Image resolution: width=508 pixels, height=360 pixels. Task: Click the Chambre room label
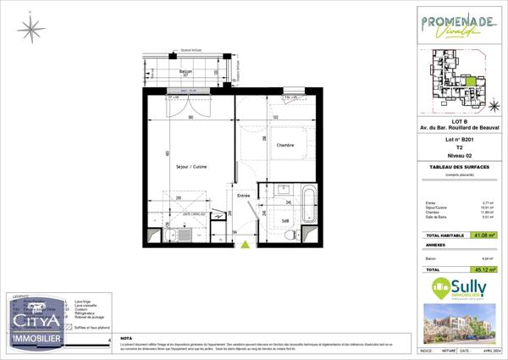point(285,145)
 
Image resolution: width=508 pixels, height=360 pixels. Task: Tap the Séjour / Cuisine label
point(190,166)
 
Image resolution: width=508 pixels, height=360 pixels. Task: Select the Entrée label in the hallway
point(244,196)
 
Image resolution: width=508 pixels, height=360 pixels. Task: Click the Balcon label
point(185,72)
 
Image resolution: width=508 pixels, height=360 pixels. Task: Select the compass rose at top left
point(31,30)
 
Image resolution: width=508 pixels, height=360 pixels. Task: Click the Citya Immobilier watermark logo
point(36,326)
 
